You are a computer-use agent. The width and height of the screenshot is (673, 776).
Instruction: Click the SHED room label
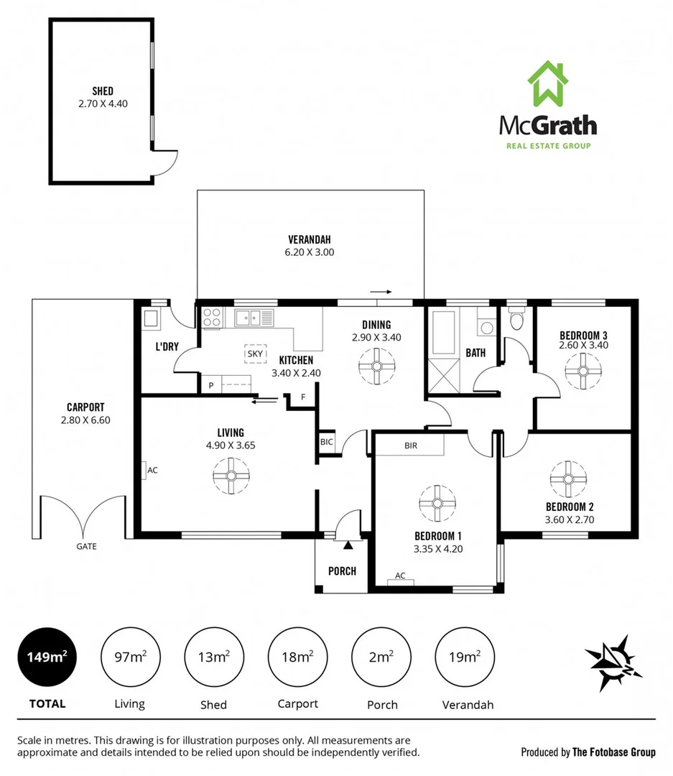(102, 91)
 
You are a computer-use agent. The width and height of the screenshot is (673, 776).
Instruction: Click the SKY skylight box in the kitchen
(255, 354)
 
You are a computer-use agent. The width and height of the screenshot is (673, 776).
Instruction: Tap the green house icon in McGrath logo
(548, 83)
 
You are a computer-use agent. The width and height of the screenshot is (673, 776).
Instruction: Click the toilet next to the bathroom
(516, 320)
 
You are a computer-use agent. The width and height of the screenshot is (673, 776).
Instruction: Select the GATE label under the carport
(86, 546)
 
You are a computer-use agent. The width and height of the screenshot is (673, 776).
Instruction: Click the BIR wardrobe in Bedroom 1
(410, 445)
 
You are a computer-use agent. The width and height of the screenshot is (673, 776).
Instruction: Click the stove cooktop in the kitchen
(212, 318)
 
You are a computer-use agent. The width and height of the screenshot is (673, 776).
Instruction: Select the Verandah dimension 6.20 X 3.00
(309, 252)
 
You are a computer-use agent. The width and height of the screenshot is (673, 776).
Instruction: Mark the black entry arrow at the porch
(348, 545)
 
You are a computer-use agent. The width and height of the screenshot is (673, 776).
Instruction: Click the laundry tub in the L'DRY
(152, 319)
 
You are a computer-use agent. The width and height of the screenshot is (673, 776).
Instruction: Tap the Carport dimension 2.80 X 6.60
(85, 420)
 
